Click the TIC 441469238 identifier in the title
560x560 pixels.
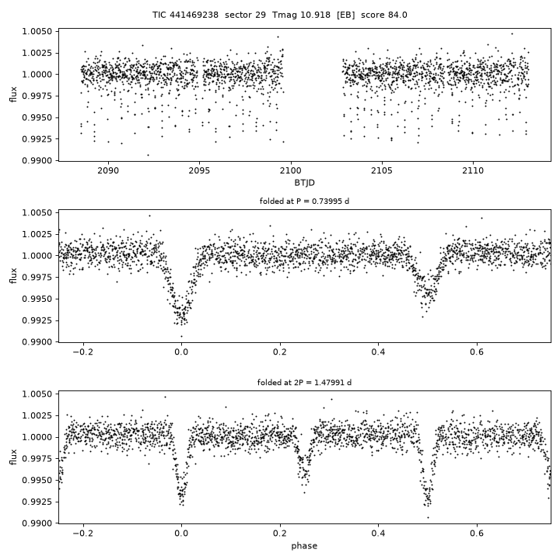click(185, 15)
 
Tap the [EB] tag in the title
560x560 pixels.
click(345, 15)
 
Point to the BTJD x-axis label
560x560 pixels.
click(304, 183)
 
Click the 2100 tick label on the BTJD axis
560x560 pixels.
click(291, 170)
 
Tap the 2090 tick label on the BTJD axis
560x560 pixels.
click(108, 170)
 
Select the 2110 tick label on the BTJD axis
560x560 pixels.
click(473, 170)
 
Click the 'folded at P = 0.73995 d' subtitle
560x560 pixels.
click(304, 201)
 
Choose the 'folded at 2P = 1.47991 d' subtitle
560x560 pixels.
click(304, 383)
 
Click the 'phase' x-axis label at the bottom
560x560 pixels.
click(304, 546)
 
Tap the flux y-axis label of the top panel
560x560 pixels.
click(13, 95)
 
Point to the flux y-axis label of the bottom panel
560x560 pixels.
click(13, 457)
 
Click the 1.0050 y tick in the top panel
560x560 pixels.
click(37, 31)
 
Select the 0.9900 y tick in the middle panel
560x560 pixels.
click(37, 341)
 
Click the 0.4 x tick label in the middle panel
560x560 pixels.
click(378, 352)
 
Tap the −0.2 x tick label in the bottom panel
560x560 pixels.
click(83, 534)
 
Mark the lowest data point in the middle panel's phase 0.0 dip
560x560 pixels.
click(181, 336)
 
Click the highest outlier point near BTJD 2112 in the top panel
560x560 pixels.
click(512, 34)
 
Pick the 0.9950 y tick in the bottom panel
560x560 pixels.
click(37, 481)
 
